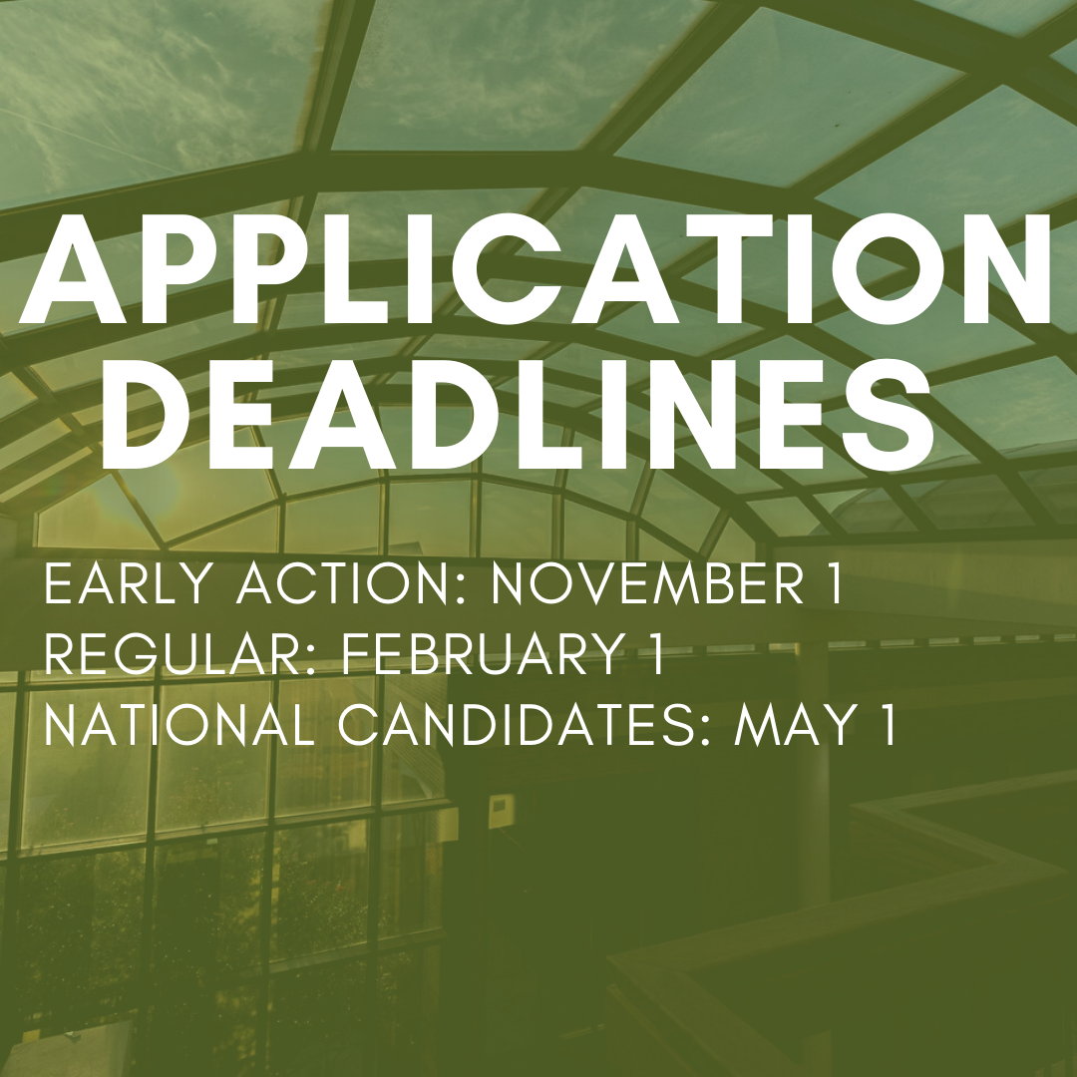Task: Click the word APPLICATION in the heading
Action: coord(537,269)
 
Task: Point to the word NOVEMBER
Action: coord(648,584)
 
